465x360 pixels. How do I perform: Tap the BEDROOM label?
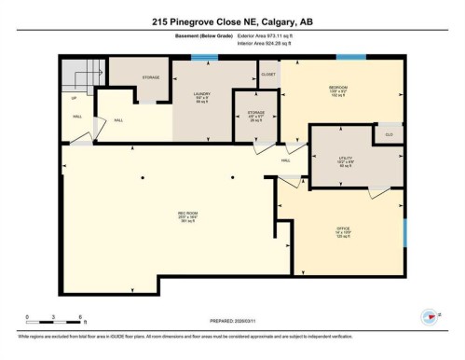click(x=337, y=90)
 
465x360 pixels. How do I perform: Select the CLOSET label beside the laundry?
click(x=268, y=73)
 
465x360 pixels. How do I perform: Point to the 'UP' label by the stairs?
click(x=75, y=96)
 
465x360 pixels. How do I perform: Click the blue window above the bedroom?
click(x=351, y=58)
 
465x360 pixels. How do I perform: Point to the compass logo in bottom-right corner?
click(x=431, y=317)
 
